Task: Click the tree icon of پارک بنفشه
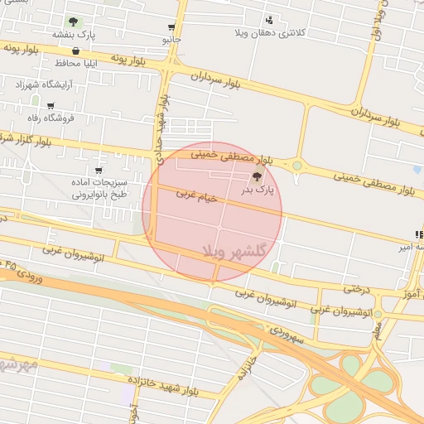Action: click(x=74, y=22)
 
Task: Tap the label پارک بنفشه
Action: click(x=74, y=35)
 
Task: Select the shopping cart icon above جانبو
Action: click(x=171, y=27)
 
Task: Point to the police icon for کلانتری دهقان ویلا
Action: click(x=269, y=20)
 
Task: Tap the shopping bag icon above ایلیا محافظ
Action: click(x=76, y=51)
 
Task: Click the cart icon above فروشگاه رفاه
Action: click(x=51, y=105)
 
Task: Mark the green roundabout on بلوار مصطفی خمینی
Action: click(x=296, y=166)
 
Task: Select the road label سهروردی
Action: click(x=287, y=335)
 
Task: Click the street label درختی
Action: click(x=354, y=289)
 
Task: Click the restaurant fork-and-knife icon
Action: click(x=419, y=235)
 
